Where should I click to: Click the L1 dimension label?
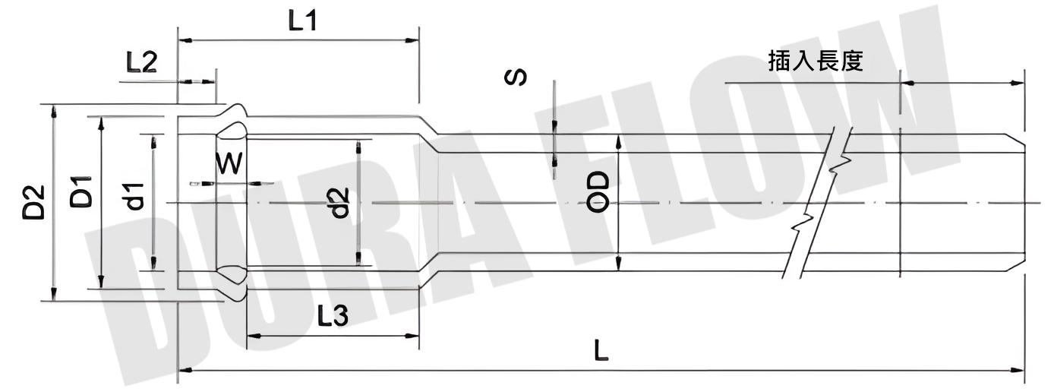point(301,21)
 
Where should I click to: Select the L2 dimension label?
point(141,62)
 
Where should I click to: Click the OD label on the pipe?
point(600,192)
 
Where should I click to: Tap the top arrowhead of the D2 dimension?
point(53,111)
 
